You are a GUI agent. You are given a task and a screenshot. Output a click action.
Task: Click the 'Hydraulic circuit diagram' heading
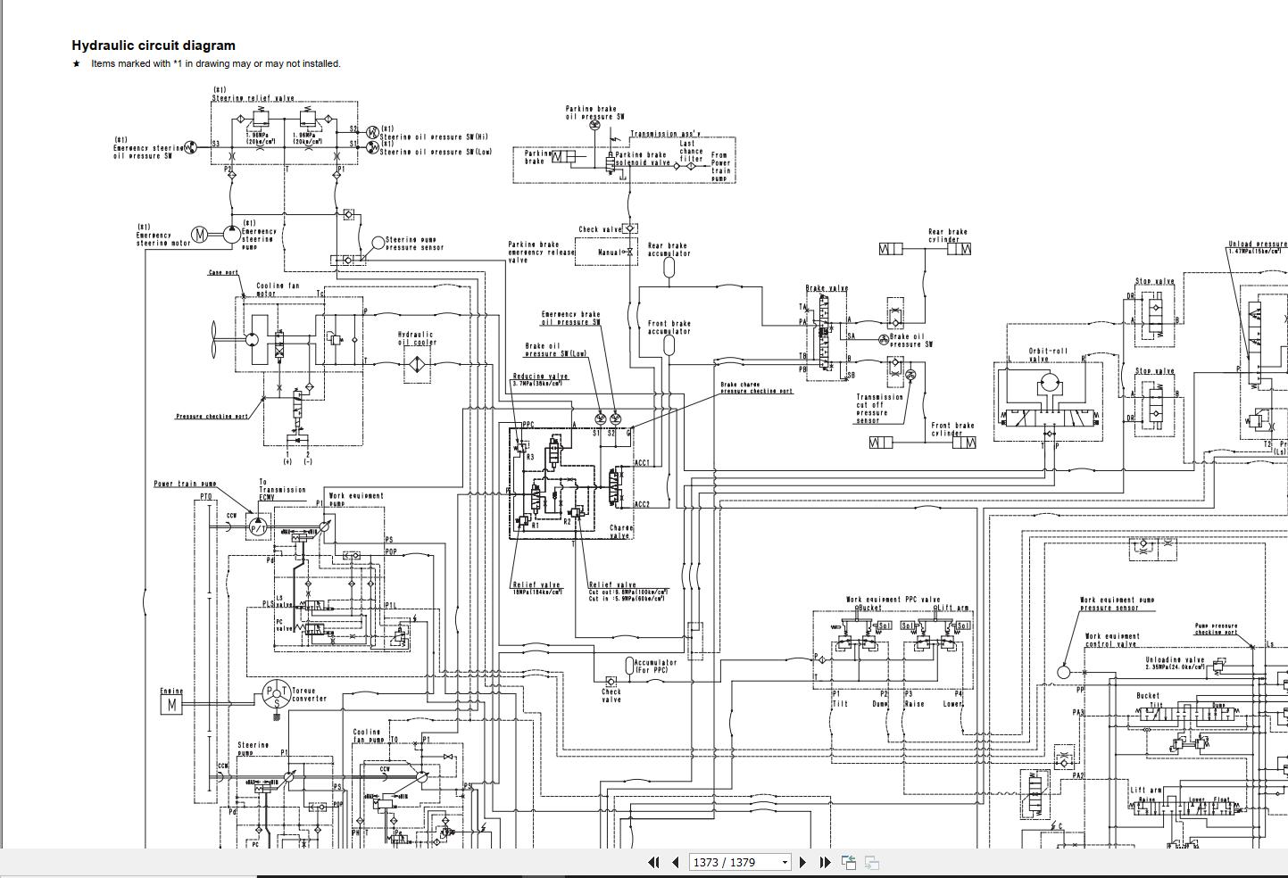(x=154, y=46)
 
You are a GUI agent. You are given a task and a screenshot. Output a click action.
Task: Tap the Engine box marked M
(x=170, y=705)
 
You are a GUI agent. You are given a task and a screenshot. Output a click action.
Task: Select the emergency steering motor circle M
(x=201, y=235)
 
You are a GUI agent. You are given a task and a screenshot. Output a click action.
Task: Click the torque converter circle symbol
(x=277, y=692)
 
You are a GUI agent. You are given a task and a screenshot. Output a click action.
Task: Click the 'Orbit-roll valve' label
(x=1047, y=354)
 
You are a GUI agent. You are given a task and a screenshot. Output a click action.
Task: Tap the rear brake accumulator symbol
(x=669, y=269)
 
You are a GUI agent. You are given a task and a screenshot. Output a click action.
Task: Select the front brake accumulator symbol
(x=669, y=346)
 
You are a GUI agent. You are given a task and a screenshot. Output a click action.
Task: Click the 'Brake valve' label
(x=827, y=288)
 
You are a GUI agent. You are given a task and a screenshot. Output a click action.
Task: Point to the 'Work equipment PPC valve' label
(x=893, y=600)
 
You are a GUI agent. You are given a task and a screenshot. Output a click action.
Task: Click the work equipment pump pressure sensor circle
(x=1063, y=672)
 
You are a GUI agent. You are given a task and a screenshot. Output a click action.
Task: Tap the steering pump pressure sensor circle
(x=378, y=242)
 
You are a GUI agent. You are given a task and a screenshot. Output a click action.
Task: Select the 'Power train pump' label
(x=185, y=484)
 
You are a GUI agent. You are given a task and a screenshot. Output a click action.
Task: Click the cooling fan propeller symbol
(x=214, y=339)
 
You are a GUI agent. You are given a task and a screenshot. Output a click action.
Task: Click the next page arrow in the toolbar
(x=802, y=862)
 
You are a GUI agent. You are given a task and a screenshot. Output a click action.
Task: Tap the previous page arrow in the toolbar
(x=675, y=862)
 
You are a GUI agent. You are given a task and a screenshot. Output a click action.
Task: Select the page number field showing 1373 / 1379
(x=739, y=862)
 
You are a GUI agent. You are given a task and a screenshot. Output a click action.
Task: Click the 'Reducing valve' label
(x=540, y=377)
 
